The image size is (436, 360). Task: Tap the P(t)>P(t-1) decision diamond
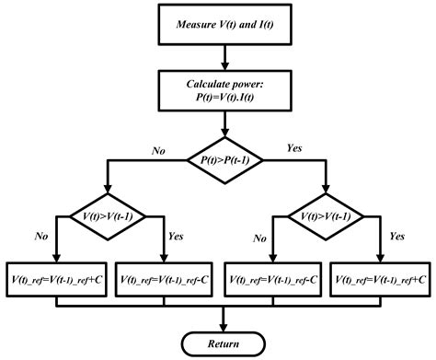(x=224, y=160)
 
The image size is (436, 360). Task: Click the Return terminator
(x=224, y=344)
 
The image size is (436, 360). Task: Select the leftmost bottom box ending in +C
(x=57, y=278)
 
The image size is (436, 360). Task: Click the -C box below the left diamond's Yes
(x=165, y=278)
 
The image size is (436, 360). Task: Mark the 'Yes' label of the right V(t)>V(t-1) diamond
(x=398, y=236)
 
